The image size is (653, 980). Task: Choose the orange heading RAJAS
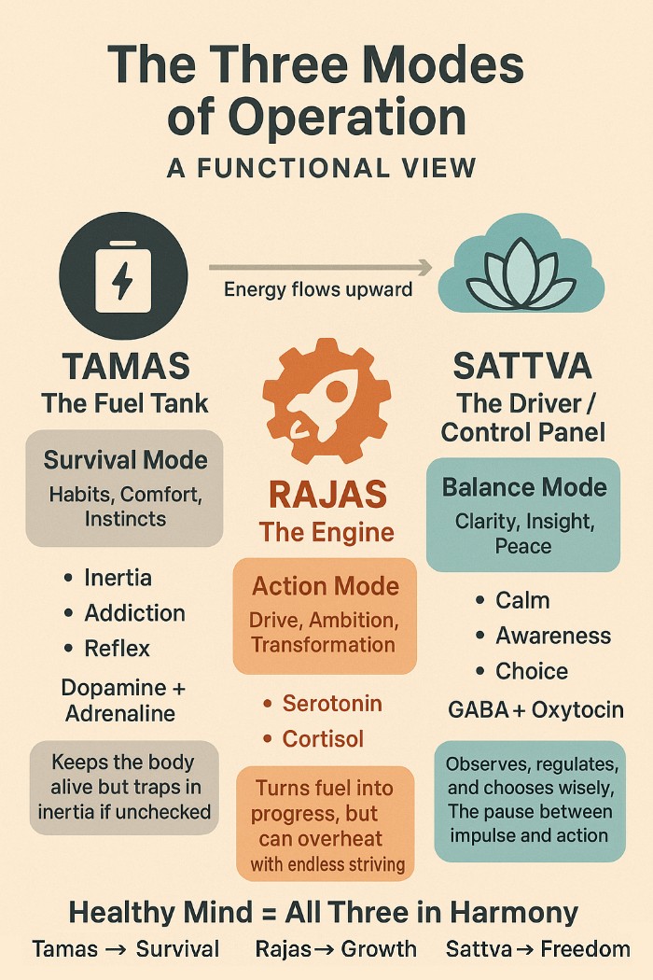pos(326,493)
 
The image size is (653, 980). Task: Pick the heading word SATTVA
pos(521,366)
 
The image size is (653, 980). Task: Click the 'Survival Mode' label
pos(125,460)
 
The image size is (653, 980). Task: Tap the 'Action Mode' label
pos(325,586)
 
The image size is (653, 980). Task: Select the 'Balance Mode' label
pos(523,487)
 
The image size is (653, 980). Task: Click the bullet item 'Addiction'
pos(134,613)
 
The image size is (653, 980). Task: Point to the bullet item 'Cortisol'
pos(323,739)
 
